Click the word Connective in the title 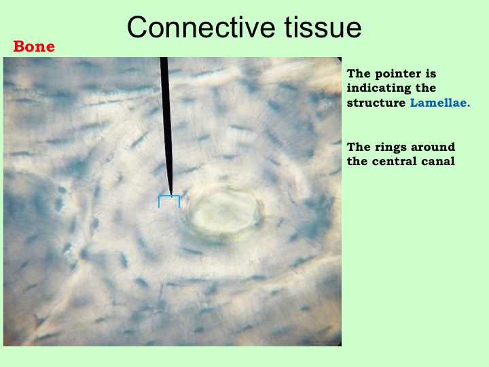[201, 27]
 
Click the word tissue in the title [323, 27]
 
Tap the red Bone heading [34, 46]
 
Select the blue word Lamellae [439, 103]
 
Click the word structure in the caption [376, 103]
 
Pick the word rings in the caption [390, 147]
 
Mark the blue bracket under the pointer [169, 196]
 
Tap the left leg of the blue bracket [159, 202]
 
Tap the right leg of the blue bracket [179, 202]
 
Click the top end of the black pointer [164, 58]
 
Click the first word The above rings [358, 147]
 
